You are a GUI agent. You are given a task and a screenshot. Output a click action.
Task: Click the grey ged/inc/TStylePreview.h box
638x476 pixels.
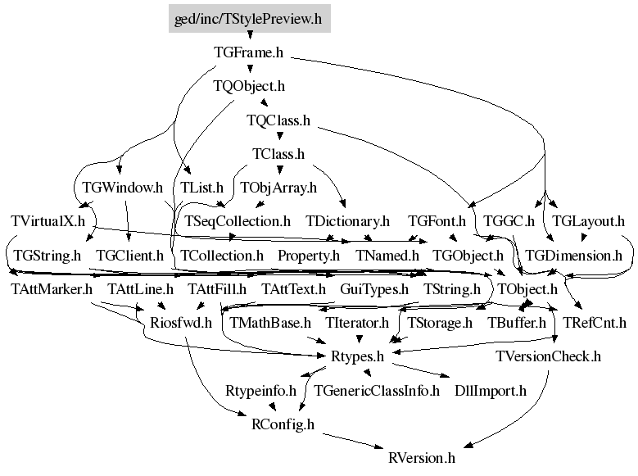(250, 18)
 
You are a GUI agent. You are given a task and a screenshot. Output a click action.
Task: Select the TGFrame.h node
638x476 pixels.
(248, 52)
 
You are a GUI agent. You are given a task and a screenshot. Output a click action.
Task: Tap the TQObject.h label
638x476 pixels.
(249, 86)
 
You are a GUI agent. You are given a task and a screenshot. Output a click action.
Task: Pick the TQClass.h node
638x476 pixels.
(278, 120)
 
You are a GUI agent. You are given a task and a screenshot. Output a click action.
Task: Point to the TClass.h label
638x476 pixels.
(278, 154)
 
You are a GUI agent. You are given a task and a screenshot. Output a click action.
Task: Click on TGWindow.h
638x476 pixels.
(122, 188)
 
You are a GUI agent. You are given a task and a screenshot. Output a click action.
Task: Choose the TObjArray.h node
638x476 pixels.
(278, 188)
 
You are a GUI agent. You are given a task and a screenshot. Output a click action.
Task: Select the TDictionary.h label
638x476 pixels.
(347, 221)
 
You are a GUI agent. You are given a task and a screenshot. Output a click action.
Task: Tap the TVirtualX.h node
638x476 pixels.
(48, 221)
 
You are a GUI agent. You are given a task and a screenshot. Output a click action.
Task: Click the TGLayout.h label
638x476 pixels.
(588, 221)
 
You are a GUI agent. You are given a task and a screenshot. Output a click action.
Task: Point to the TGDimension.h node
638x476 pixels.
(573, 256)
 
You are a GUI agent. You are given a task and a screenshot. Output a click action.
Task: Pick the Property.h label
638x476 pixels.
(309, 256)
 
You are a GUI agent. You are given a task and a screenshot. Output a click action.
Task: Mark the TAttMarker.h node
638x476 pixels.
(52, 289)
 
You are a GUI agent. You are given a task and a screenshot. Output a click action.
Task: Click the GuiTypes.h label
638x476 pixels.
(374, 289)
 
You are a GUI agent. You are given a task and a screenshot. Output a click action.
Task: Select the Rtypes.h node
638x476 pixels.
(357, 356)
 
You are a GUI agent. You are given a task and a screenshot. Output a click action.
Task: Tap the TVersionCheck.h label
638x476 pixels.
(548, 356)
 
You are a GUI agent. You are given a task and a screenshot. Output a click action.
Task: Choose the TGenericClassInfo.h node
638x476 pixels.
(377, 391)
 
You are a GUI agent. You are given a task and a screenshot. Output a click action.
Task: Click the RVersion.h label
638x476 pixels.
(422, 458)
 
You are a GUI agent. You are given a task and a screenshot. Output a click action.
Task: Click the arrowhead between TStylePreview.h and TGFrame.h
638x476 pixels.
(250, 35)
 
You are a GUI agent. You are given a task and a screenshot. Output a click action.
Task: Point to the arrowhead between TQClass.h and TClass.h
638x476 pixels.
(279, 137)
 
